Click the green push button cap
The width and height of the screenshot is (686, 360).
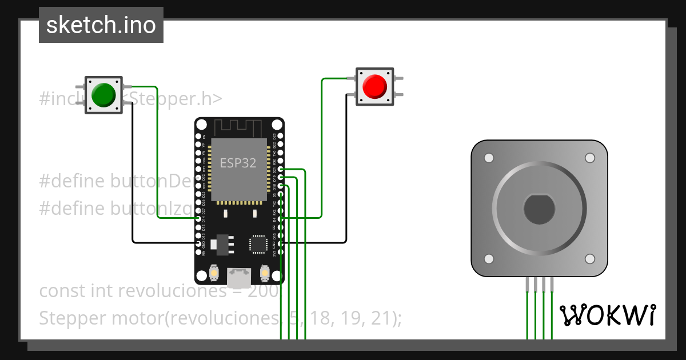(103, 94)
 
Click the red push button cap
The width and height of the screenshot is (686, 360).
(375, 86)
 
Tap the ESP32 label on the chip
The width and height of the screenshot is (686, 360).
(238, 163)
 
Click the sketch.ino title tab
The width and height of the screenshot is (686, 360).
(101, 25)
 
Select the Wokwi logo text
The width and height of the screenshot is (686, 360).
(607, 315)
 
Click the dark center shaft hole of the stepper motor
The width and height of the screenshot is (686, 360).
(539, 209)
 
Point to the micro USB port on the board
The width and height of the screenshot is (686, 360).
(239, 278)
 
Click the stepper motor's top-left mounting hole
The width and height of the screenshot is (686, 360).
(488, 158)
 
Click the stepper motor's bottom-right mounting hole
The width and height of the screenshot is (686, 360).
(590, 259)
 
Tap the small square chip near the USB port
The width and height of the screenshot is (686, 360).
(258, 244)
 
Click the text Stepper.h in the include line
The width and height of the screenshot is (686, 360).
(174, 99)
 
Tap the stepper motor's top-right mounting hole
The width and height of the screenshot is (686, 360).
(590, 158)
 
